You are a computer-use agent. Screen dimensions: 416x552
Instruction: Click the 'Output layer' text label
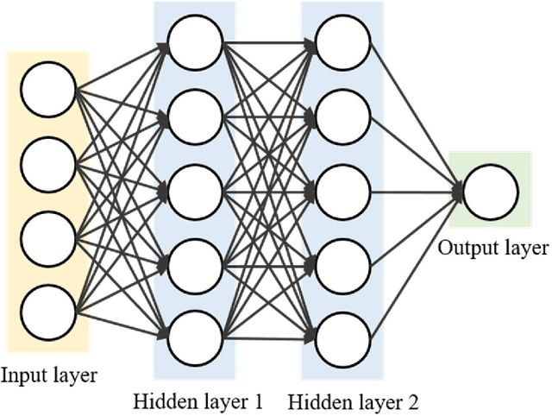(492, 249)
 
